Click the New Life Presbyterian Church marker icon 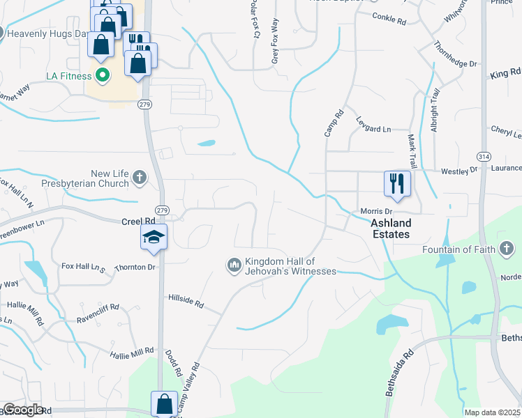(139, 177)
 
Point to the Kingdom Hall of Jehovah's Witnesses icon (233, 265)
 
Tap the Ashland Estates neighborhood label (390, 229)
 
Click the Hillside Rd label (186, 300)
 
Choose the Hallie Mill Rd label (130, 353)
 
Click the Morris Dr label (376, 211)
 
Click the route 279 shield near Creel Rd (162, 210)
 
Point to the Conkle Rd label (389, 19)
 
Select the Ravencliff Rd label (99, 307)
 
